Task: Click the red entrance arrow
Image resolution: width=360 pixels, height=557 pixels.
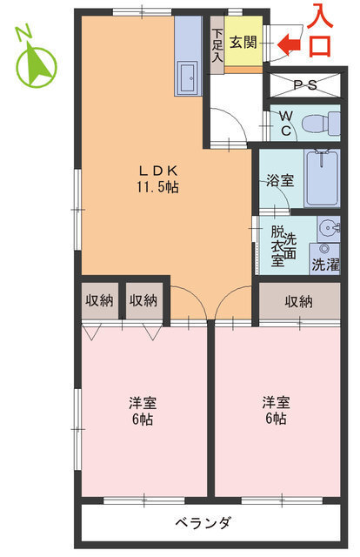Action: [x=289, y=44]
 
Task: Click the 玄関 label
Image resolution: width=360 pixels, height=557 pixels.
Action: [x=243, y=44]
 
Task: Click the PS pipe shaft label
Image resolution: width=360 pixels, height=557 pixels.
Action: [x=303, y=87]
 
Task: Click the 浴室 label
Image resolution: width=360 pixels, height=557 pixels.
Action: [x=280, y=182]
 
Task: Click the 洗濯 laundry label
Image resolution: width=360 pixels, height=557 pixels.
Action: [x=326, y=261]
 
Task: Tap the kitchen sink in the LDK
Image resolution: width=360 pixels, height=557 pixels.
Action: [x=187, y=81]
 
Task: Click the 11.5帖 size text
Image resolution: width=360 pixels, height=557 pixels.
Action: [x=157, y=187]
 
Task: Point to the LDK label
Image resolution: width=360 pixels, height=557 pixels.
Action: [x=157, y=171]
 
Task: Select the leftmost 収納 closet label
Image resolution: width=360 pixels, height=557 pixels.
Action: [x=99, y=301]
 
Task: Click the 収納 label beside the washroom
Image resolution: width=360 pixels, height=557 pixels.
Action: [x=298, y=301]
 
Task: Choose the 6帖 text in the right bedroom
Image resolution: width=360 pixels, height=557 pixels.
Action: [x=277, y=419]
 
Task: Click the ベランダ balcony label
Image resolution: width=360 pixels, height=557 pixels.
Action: [x=203, y=523]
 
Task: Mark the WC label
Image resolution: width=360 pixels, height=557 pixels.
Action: [x=283, y=124]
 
